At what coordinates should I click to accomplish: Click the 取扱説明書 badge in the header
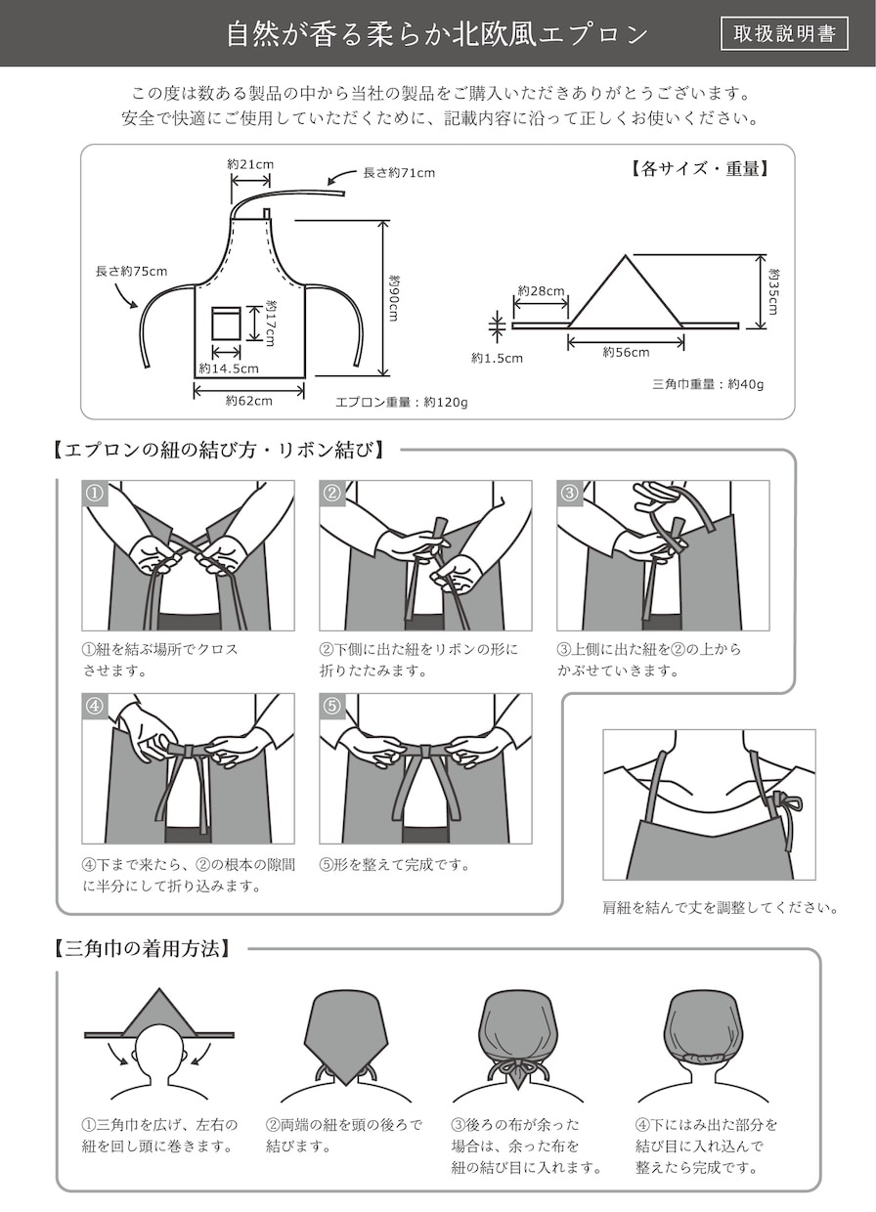click(784, 33)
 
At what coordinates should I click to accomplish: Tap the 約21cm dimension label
click(250, 164)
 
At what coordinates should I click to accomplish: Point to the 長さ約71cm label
click(399, 173)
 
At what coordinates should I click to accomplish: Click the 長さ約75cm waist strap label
click(131, 271)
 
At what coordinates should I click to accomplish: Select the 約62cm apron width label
click(249, 401)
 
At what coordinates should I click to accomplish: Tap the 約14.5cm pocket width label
click(229, 369)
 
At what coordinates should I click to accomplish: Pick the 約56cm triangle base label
click(626, 352)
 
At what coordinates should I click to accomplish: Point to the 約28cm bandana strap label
click(541, 291)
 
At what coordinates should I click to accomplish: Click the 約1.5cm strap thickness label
click(497, 358)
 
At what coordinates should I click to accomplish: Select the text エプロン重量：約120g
click(402, 403)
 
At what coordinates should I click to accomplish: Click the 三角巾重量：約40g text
click(708, 385)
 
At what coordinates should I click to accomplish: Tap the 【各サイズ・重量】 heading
click(698, 169)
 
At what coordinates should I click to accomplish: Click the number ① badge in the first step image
click(95, 493)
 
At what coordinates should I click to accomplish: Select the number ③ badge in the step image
click(569, 493)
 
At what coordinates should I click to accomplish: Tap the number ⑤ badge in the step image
click(331, 706)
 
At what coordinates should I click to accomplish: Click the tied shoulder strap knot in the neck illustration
click(780, 800)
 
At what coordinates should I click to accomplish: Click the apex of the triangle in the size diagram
click(626, 255)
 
